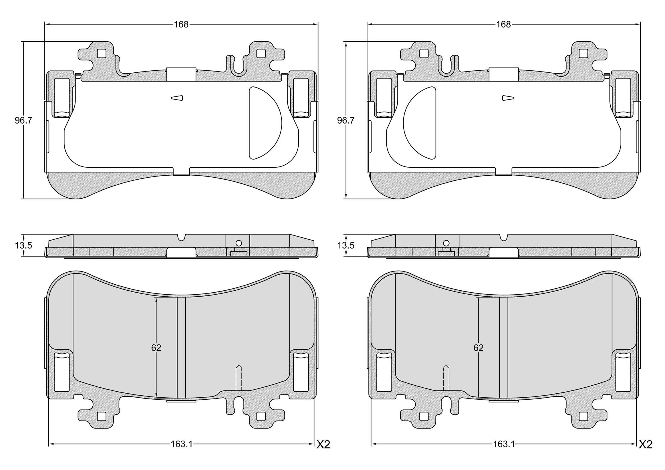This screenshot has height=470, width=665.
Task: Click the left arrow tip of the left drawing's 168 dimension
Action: [x=45, y=24]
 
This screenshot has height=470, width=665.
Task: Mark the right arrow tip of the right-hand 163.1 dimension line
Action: [x=636, y=452]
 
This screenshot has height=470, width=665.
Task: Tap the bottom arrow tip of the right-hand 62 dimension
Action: [x=479, y=398]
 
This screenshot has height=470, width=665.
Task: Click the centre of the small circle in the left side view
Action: [x=239, y=243]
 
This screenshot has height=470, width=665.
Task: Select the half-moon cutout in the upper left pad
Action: [x=265, y=123]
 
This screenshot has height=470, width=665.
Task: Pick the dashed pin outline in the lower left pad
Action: [x=239, y=378]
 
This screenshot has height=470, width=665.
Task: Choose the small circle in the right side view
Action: [x=446, y=243]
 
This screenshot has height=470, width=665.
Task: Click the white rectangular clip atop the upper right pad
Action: [x=503, y=74]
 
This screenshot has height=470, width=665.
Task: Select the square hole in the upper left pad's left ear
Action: [x=101, y=53]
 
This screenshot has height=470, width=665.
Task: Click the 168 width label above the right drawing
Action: [x=503, y=24]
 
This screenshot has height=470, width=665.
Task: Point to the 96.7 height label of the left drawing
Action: [x=23, y=120]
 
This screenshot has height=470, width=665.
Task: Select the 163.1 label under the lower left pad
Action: [x=181, y=452]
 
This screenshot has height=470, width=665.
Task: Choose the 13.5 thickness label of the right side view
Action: [x=346, y=245]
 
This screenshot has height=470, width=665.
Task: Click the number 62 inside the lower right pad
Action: [x=479, y=348]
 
